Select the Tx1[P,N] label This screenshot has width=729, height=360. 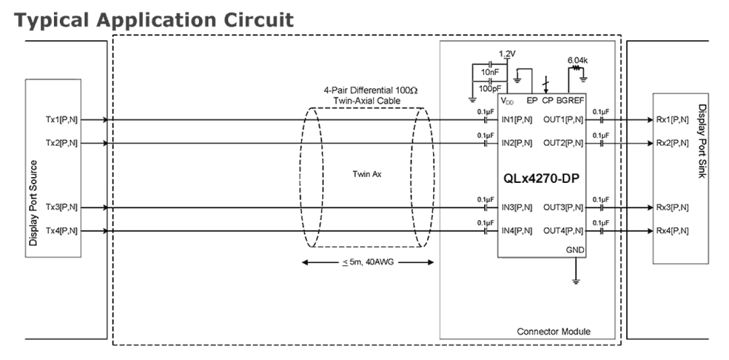tap(61, 120)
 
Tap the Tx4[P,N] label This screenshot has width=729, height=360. tap(61, 231)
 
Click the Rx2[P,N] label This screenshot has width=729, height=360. tap(672, 143)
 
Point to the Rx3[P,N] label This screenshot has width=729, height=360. tap(672, 207)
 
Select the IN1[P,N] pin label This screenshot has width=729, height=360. tap(517, 120)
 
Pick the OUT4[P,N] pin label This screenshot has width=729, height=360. tap(564, 231)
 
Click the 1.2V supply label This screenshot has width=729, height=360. tap(507, 53)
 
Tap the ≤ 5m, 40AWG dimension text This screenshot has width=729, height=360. tap(369, 262)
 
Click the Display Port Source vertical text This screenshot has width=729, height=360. tap(34, 203)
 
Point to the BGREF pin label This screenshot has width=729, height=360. tap(569, 100)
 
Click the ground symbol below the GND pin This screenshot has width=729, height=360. tap(576, 281)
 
